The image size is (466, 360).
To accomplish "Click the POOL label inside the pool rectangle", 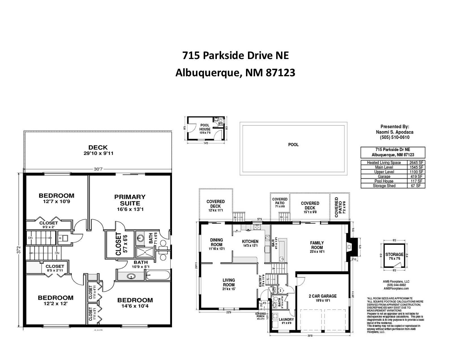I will tap(293, 145).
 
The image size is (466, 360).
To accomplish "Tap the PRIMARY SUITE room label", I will tap(130, 200).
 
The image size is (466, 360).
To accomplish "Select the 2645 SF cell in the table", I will tap(416, 163).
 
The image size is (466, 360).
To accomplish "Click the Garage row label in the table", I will tap(384, 176).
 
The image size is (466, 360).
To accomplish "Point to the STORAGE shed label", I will tap(395, 254).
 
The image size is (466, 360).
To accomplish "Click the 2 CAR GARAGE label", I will tap(323, 296).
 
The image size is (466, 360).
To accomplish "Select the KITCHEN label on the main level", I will tap(250, 242).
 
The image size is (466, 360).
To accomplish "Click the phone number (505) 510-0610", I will tap(395, 138).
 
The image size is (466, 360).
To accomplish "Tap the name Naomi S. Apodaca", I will tap(395, 132).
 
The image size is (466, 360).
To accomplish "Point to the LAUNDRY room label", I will tap(286, 320).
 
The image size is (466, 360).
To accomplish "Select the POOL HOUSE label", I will tap(205, 127).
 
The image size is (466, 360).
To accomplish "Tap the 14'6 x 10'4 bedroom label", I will tap(135, 300).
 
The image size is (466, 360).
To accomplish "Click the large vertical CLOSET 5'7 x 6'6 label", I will tap(118, 244).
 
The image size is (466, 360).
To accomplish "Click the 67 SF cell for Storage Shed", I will tap(416, 186).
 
